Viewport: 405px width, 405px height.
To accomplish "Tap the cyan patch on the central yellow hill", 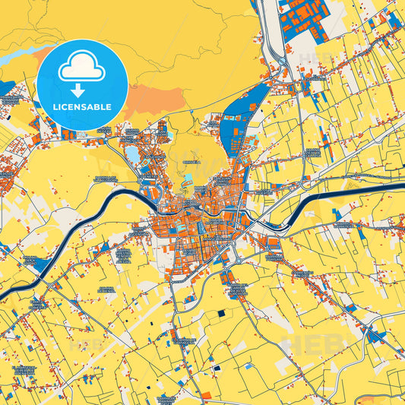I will click(188, 179).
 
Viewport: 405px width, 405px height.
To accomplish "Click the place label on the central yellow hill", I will click(193, 162).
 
